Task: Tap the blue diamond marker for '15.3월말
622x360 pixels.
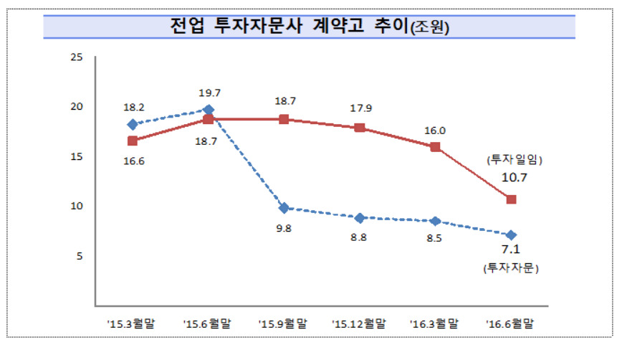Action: pos(132,124)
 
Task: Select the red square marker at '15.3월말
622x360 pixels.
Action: pos(132,141)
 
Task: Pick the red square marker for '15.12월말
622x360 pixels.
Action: pos(359,128)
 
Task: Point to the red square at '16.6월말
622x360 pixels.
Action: pos(511,199)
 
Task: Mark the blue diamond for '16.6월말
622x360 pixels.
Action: pos(511,235)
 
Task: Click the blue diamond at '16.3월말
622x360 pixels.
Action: pos(435,221)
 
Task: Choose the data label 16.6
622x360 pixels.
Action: pos(132,163)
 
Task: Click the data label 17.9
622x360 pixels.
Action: pos(359,109)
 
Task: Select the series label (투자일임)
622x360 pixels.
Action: pos(511,158)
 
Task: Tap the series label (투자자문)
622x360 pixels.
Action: pos(511,269)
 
